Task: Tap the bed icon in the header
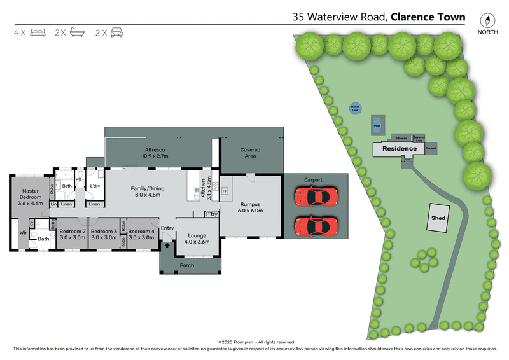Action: click(38, 32)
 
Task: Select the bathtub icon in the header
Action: click(78, 32)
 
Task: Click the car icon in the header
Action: click(116, 32)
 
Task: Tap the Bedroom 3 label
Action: click(103, 233)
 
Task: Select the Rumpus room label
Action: click(250, 206)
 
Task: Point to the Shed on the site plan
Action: click(438, 218)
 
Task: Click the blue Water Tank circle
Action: click(355, 109)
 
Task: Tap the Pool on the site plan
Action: click(377, 125)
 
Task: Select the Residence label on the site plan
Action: click(399, 149)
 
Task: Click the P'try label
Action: click(211, 214)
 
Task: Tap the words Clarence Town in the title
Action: click(428, 17)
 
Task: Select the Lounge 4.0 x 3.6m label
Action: click(197, 238)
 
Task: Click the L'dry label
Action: click(96, 186)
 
